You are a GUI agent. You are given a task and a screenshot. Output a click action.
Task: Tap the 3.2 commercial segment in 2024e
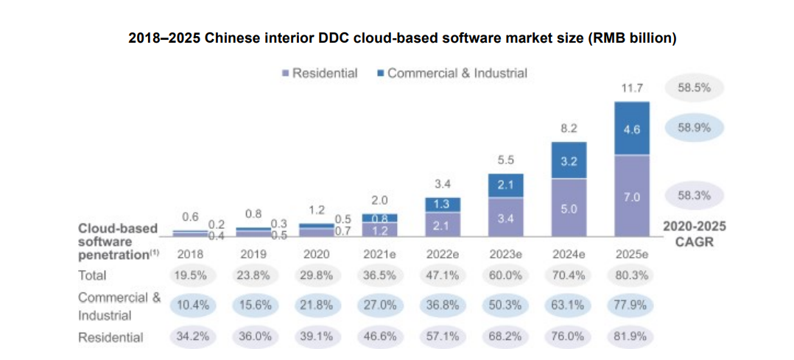(x=569, y=160)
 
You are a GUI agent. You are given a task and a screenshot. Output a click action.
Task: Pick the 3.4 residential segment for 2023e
(x=505, y=218)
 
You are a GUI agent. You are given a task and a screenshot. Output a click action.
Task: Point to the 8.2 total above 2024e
(x=569, y=128)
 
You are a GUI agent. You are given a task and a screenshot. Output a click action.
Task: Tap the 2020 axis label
(x=316, y=254)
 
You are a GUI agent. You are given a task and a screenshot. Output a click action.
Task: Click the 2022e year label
(x=442, y=254)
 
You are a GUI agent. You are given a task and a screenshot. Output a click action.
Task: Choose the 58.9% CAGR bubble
(x=693, y=127)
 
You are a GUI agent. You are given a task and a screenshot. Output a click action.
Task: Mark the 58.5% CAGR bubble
(x=693, y=88)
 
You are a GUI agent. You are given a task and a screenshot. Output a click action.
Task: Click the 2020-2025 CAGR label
(x=692, y=234)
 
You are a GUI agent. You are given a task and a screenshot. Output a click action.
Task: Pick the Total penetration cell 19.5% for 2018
(x=189, y=275)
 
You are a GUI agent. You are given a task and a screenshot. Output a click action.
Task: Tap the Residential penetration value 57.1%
(x=442, y=337)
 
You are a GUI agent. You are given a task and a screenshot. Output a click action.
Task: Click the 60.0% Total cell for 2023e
(x=505, y=275)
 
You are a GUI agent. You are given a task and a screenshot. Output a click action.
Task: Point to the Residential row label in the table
(x=110, y=338)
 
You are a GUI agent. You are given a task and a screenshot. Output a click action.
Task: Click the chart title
(x=402, y=38)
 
